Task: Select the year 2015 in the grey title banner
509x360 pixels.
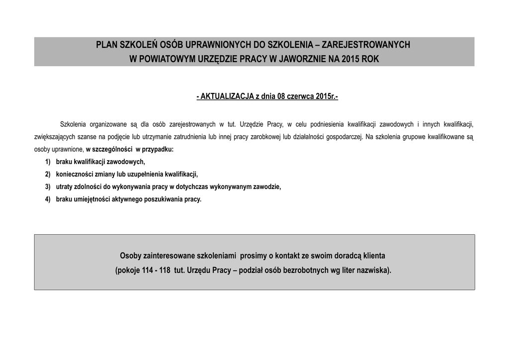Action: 350,60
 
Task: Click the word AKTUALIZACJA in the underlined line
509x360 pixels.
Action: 226,96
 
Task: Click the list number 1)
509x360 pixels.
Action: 48,162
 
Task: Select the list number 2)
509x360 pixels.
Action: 48,175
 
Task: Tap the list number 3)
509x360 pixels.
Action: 48,187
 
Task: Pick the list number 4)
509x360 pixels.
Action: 48,199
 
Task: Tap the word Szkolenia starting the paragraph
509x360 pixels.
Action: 73,124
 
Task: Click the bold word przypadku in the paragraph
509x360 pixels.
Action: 157,149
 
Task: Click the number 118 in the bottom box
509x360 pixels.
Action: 165,271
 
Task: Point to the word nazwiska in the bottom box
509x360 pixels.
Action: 373,271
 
